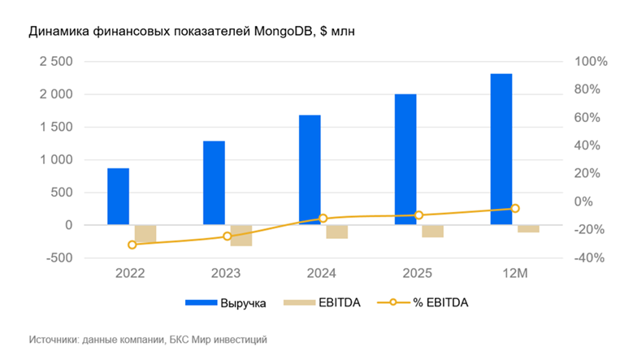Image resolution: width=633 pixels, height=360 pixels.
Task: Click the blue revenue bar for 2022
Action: click(x=118, y=197)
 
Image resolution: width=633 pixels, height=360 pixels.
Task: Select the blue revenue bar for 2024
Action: click(x=310, y=170)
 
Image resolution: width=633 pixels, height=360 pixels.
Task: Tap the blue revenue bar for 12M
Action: click(x=501, y=150)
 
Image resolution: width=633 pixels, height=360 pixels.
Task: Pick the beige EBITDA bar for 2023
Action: click(x=241, y=235)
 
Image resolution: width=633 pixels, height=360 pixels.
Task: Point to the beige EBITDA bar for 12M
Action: click(x=528, y=228)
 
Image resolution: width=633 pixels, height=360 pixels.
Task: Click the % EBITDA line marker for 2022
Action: click(x=132, y=245)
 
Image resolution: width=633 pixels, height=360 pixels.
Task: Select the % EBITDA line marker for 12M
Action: click(x=515, y=209)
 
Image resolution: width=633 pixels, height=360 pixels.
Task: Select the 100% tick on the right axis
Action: click(x=590, y=62)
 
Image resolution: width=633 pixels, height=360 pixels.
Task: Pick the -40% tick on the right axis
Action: click(x=590, y=258)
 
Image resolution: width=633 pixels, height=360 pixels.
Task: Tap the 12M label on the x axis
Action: click(x=515, y=274)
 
